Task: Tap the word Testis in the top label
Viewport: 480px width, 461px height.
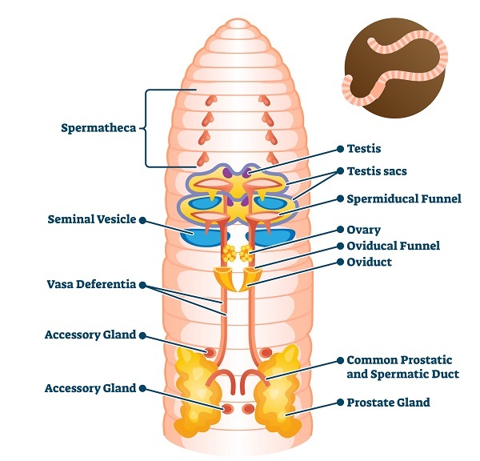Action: click(364, 149)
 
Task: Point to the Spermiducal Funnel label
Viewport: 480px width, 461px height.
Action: click(403, 198)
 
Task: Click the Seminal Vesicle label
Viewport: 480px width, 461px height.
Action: click(92, 219)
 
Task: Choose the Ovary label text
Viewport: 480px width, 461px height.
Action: click(364, 230)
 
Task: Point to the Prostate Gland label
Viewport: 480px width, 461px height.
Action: click(388, 403)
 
